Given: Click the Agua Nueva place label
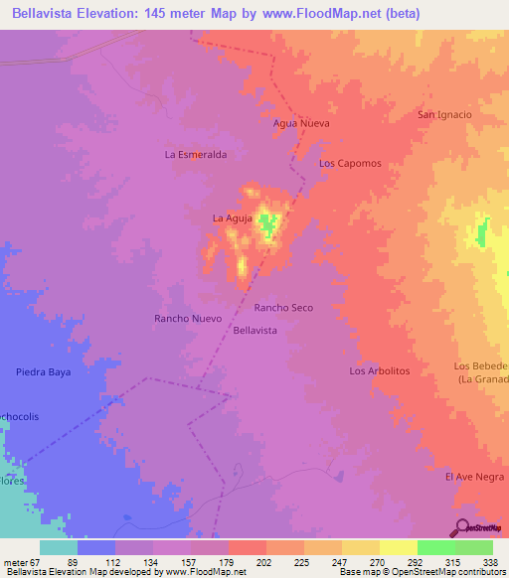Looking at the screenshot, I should (300, 124).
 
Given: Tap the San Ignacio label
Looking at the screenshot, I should (443, 114).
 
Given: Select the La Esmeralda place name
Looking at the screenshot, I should (196, 155).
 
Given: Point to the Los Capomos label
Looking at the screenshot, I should (350, 163).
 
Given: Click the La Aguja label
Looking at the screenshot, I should (230, 217).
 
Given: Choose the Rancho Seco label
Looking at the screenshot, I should (283, 308).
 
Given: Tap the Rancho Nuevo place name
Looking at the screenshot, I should (187, 319).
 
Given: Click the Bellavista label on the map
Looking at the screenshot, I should (254, 329).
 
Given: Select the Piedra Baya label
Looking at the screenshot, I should (44, 371).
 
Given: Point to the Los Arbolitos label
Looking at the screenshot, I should (380, 370).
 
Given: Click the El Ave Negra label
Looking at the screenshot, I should (475, 477).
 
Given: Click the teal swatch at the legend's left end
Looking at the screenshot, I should (59, 547).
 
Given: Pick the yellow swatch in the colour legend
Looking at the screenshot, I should (360, 547).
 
